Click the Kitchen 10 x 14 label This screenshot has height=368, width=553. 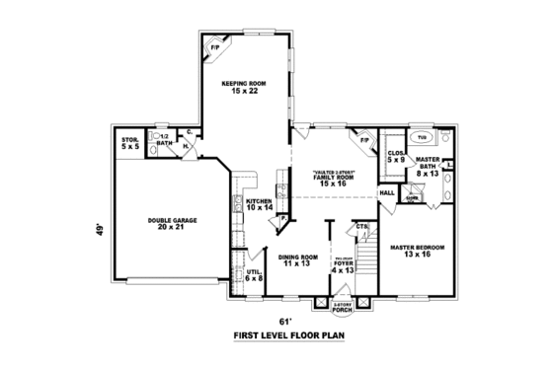(x=258, y=205)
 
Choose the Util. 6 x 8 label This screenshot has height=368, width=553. (x=254, y=275)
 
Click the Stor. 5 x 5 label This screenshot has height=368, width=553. (x=131, y=144)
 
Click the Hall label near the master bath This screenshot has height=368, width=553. (x=386, y=192)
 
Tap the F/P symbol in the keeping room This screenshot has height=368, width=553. (x=215, y=45)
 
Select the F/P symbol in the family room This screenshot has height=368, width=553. (x=364, y=140)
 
